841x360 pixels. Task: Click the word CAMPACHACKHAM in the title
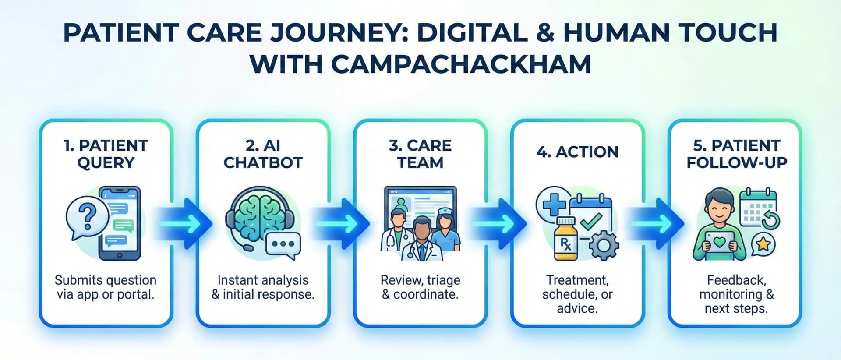tap(461, 64)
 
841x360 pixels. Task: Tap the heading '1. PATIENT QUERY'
tap(106, 154)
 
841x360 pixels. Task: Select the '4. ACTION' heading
tap(577, 152)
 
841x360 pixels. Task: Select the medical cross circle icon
tap(554, 204)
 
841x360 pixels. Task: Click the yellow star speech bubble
tap(763, 244)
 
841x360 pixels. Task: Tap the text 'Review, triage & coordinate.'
tap(420, 287)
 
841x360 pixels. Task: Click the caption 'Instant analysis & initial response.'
tap(263, 287)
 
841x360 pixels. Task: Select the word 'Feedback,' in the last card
tap(736, 280)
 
